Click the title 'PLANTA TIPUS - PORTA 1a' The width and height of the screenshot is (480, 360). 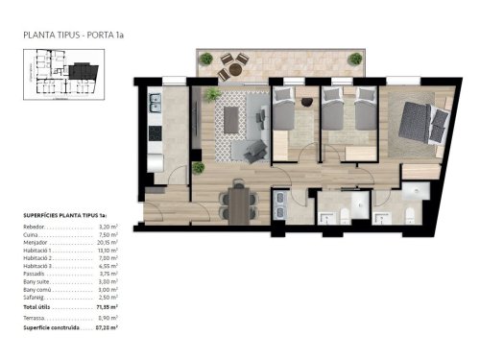point(73,36)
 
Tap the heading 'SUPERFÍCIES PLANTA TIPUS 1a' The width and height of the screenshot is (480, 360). point(62,217)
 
